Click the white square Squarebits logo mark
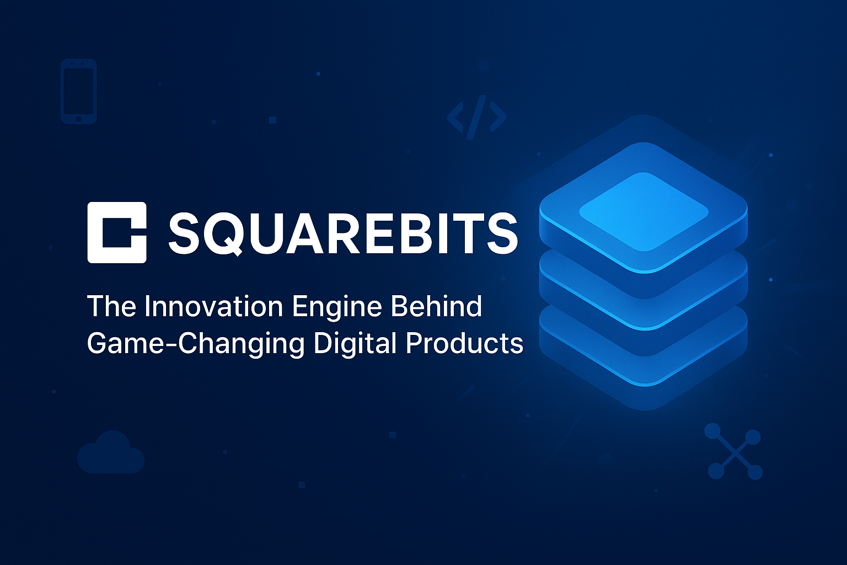pyautogui.click(x=117, y=232)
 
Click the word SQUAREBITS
pyautogui.click(x=342, y=233)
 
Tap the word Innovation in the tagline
pyautogui.click(x=215, y=306)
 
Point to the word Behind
pyautogui.click(x=436, y=306)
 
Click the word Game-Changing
pyautogui.click(x=196, y=344)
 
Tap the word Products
pyautogui.click(x=464, y=343)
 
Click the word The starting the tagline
pyautogui.click(x=112, y=306)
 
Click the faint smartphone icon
pyautogui.click(x=79, y=91)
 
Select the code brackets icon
pyautogui.click(x=476, y=116)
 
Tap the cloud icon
pyautogui.click(x=111, y=453)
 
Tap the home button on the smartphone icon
pyautogui.click(x=79, y=118)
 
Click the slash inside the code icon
pyautogui.click(x=476, y=116)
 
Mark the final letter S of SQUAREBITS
pyautogui.click(x=502, y=233)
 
